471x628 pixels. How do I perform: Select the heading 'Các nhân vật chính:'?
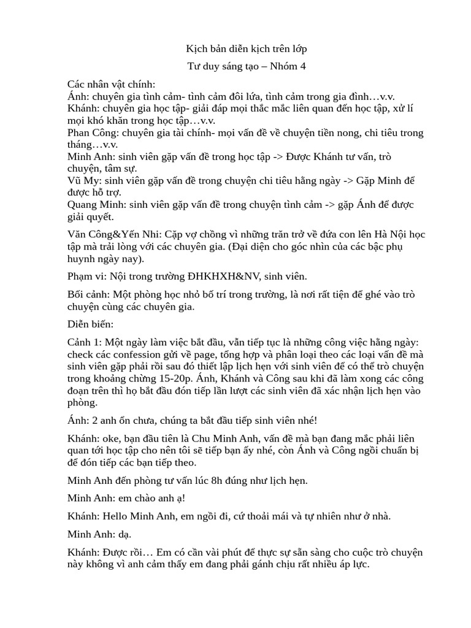[111, 84]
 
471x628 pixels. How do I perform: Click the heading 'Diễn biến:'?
[91, 324]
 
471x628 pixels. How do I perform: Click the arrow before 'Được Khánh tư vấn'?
[277, 156]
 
